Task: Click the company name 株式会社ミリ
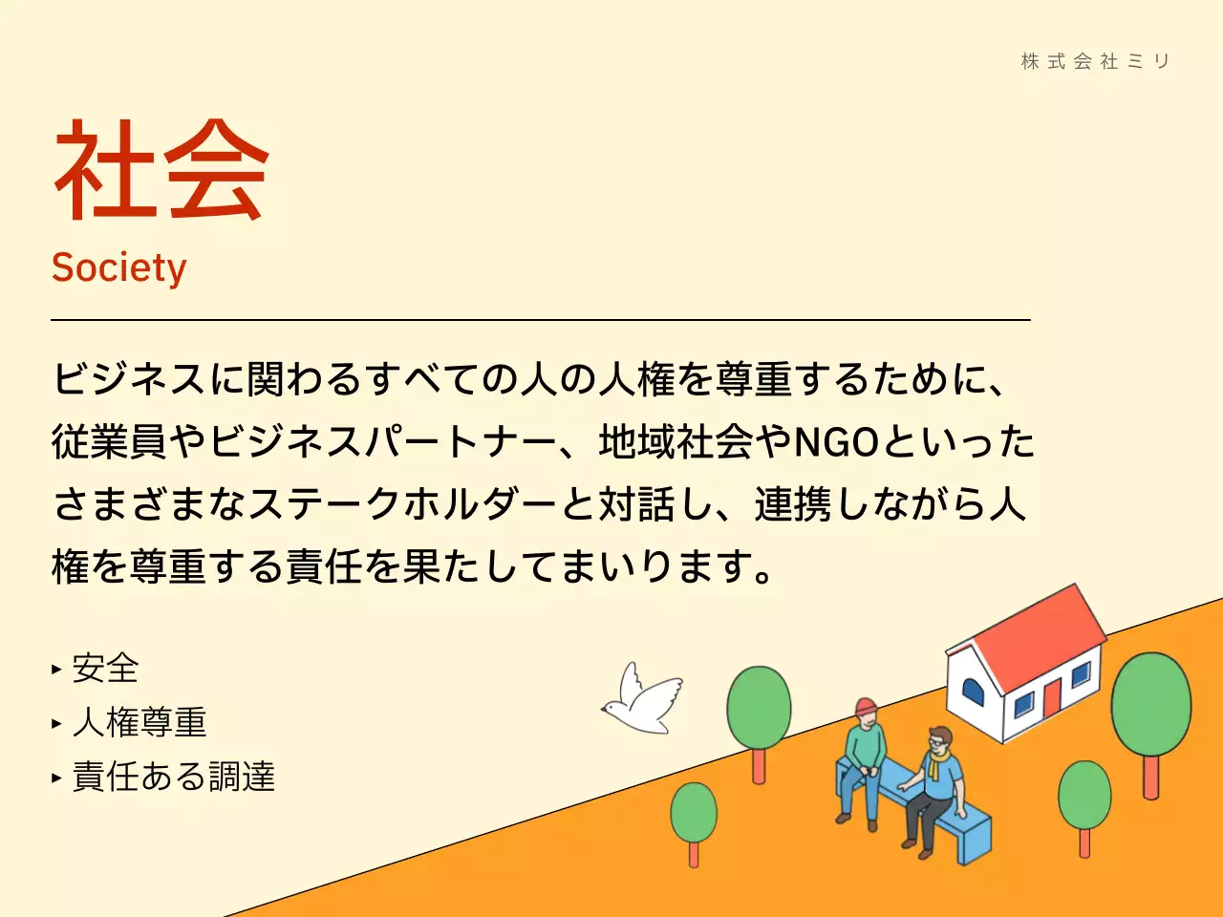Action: (1095, 61)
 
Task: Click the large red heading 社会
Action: (161, 171)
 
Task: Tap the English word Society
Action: (118, 268)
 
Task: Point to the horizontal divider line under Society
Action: (540, 320)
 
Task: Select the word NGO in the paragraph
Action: (836, 442)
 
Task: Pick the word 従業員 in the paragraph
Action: (109, 442)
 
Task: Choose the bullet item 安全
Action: (105, 669)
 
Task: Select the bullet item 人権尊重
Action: (139, 723)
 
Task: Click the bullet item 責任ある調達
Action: (173, 777)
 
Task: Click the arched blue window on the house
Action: (972, 690)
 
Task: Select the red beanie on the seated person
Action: (866, 707)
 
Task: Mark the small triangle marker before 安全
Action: (56, 670)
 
